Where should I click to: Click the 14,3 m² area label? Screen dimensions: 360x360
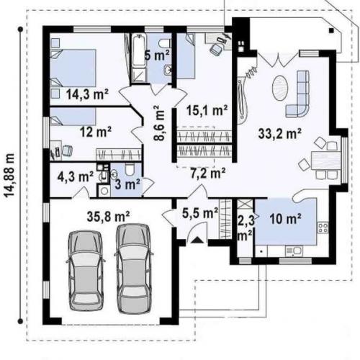tap(87, 94)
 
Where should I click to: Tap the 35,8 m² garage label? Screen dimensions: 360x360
tap(108, 217)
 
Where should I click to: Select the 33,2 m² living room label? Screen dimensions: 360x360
tap(280, 133)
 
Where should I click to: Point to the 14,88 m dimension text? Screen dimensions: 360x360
tap(10, 175)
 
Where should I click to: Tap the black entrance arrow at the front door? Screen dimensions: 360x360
tap(197, 240)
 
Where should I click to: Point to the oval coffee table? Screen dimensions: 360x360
tap(279, 88)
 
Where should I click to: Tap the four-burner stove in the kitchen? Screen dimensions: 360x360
tap(323, 228)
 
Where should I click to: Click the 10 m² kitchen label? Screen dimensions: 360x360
tap(285, 219)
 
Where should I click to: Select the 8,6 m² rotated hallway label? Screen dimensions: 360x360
tap(160, 123)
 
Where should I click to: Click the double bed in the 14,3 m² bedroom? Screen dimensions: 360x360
tap(73, 68)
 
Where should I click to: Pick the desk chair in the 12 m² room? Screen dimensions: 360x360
tap(67, 150)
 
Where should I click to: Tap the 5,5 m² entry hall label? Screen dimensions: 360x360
tap(200, 213)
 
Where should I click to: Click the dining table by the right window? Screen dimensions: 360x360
tap(325, 160)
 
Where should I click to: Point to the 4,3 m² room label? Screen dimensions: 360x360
tap(75, 177)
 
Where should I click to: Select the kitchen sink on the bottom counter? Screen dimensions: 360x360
tap(294, 251)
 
